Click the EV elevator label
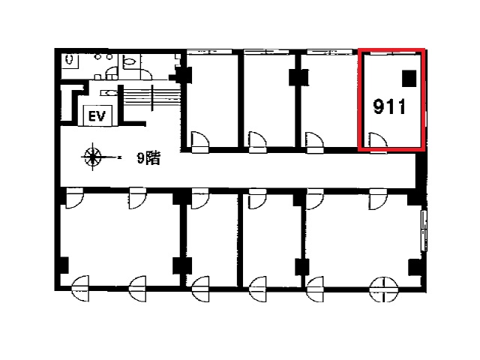97,116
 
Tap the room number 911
389,106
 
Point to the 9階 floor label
148,158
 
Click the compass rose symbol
93,157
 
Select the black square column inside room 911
409,78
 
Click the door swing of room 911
379,140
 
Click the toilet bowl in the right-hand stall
130,61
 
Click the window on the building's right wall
424,230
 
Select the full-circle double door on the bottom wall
383,289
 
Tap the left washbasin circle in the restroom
97,57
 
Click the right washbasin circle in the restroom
109,57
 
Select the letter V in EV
101,116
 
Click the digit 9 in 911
379,106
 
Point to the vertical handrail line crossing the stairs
151,98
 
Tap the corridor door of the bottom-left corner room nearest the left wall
74,198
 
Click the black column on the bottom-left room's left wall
64,265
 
